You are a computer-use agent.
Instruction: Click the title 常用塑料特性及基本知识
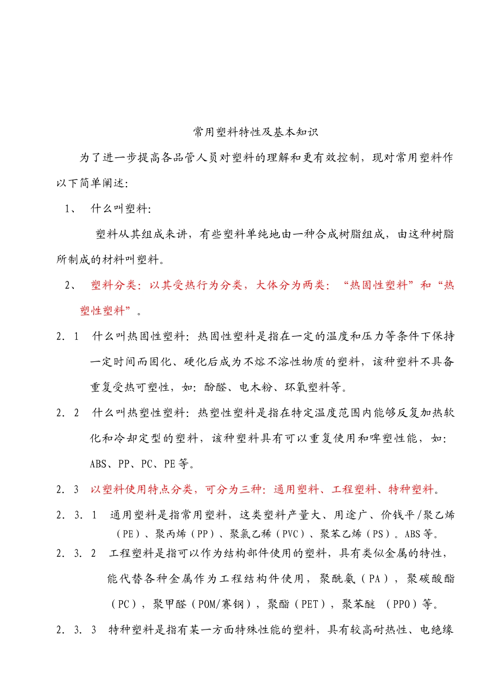(x=256, y=132)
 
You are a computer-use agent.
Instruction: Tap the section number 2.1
(x=68, y=337)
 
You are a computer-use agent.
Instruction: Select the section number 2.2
(x=68, y=413)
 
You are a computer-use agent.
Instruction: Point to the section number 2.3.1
(x=76, y=515)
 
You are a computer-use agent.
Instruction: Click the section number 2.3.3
(x=76, y=630)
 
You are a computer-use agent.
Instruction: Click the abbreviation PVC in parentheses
(x=291, y=534)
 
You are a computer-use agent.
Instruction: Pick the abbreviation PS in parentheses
(x=378, y=534)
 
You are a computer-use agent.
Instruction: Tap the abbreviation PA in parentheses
(x=375, y=579)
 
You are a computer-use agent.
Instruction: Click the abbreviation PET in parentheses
(x=310, y=605)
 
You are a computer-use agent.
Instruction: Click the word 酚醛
(x=215, y=388)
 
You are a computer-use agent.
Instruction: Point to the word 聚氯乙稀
(x=250, y=534)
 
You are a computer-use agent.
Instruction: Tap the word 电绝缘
(x=437, y=630)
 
